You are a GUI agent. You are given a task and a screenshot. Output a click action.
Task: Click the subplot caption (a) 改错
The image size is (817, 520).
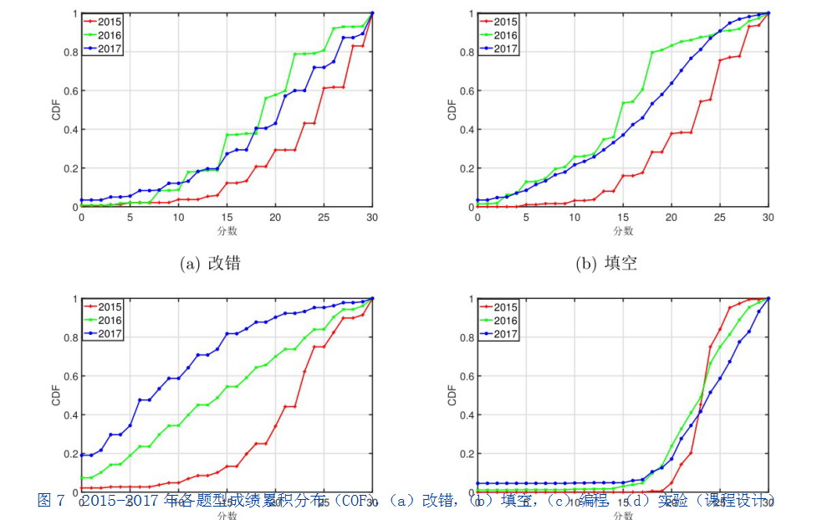(x=210, y=263)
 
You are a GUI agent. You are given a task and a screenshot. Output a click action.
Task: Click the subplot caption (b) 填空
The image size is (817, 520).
(x=606, y=263)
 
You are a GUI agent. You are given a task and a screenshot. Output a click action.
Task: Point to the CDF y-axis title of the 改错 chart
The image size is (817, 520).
(x=56, y=110)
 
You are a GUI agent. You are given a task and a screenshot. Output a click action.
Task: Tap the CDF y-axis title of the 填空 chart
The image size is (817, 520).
(x=452, y=110)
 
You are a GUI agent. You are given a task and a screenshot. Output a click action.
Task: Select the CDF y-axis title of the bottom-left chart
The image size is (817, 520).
(x=56, y=394)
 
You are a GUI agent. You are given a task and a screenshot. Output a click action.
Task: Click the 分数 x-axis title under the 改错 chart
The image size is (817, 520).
(x=227, y=230)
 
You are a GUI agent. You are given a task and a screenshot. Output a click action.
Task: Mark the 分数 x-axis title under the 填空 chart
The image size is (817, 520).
(x=623, y=230)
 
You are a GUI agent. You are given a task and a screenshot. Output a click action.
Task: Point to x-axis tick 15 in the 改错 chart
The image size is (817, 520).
(x=227, y=218)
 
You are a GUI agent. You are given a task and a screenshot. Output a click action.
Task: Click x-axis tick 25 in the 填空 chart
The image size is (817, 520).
(x=720, y=218)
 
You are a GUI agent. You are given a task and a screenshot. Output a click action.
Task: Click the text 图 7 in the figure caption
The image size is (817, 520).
(x=51, y=501)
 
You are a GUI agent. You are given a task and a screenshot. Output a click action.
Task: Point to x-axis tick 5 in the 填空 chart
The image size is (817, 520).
(x=526, y=218)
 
